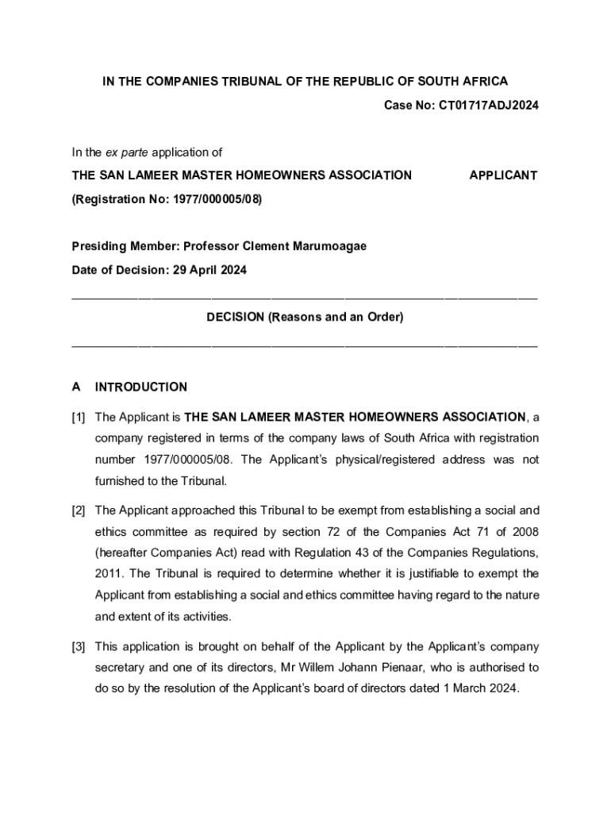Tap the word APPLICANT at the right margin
[x=503, y=175]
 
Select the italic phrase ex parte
[x=126, y=152]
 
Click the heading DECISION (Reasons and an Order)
[x=305, y=318]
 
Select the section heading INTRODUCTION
[x=141, y=387]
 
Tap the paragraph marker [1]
[x=79, y=418]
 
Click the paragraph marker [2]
[x=79, y=511]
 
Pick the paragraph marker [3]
[x=79, y=647]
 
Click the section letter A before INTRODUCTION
[x=76, y=387]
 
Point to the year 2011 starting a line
[x=107, y=574]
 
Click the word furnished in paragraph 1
[x=121, y=480]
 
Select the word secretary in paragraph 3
[x=120, y=668]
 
